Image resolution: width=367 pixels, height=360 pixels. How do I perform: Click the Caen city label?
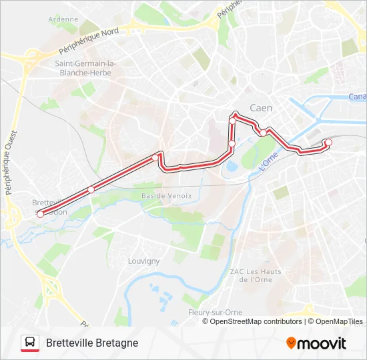pyautogui.click(x=261, y=107)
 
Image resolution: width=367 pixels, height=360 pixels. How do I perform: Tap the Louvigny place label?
pyautogui.click(x=143, y=261)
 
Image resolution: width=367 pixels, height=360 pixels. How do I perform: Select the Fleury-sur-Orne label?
pyautogui.click(x=216, y=312)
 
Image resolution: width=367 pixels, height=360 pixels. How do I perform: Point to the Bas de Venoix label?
pyautogui.click(x=166, y=196)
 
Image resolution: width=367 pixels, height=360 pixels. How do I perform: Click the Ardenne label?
pyautogui.click(x=63, y=19)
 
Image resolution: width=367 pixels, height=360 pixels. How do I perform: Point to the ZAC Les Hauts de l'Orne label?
pyautogui.click(x=255, y=275)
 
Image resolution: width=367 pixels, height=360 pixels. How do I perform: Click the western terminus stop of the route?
pyautogui.click(x=40, y=214)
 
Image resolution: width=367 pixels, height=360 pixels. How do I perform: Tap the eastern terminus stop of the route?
pyautogui.click(x=328, y=141)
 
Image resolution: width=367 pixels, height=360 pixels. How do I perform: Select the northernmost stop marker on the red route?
pyautogui.click(x=234, y=114)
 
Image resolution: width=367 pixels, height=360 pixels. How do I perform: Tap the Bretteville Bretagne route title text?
pyautogui.click(x=92, y=343)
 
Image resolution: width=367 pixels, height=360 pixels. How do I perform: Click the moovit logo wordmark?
pyautogui.click(x=322, y=343)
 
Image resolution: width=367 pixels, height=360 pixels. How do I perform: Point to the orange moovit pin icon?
pyautogui.click(x=291, y=343)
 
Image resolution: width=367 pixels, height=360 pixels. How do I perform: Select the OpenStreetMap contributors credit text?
pyautogui.click(x=256, y=321)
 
